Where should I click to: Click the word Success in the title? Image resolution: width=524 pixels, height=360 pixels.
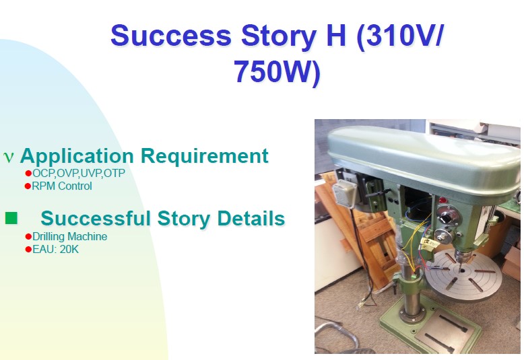click(x=171, y=36)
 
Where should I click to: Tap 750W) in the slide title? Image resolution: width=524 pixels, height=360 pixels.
click(x=277, y=72)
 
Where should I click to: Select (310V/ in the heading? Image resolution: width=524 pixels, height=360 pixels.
click(x=400, y=36)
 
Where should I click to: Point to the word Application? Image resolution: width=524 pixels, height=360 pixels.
click(x=77, y=156)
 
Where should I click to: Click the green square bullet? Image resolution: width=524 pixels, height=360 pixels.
click(x=11, y=218)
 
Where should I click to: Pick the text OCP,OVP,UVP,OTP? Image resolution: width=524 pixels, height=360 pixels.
click(x=79, y=174)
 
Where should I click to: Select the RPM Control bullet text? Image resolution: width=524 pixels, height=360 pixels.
click(x=62, y=186)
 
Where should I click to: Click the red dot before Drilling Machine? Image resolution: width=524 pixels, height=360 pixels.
click(x=28, y=237)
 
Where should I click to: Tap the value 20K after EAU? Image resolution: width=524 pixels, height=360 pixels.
click(x=69, y=250)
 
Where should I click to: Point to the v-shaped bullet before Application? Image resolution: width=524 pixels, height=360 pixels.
click(x=8, y=157)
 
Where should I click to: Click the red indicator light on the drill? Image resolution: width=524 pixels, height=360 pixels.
click(x=443, y=201)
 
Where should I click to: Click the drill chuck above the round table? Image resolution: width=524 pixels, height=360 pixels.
click(x=463, y=258)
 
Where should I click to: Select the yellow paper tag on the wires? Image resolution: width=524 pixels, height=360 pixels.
click(x=429, y=243)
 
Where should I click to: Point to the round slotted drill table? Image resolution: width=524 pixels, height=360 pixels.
click(x=464, y=275)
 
